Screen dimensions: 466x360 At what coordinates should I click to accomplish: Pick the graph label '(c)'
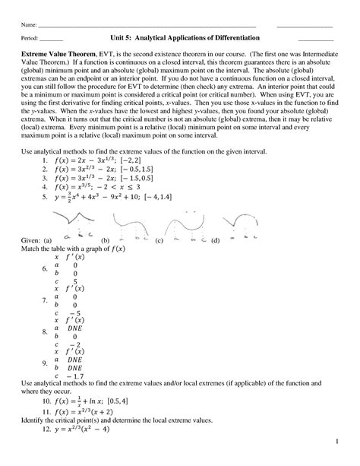pos(159,240)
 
